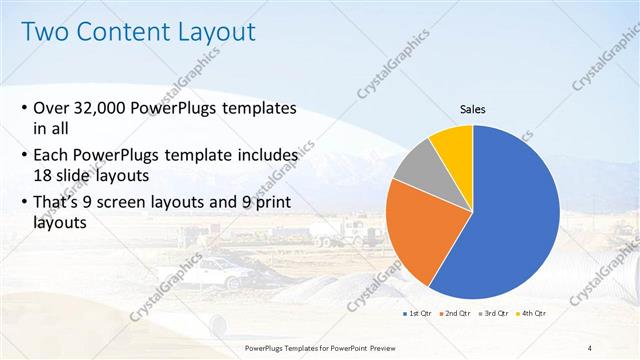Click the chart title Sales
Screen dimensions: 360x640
click(x=473, y=109)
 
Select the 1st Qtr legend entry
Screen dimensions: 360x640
click(x=416, y=314)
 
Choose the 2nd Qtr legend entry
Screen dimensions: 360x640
click(x=458, y=314)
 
